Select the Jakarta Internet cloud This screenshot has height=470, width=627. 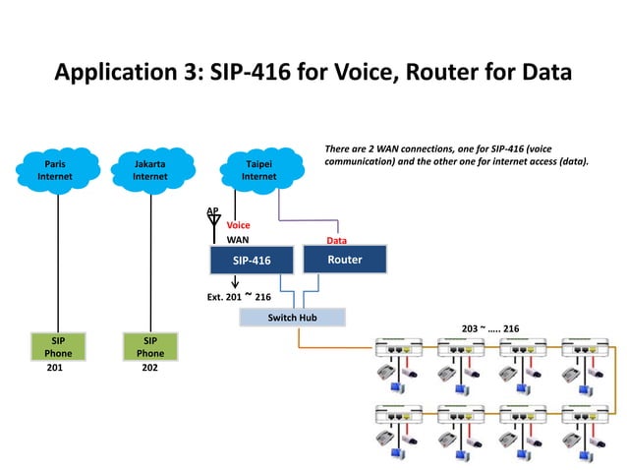point(149,170)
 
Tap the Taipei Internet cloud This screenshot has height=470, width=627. point(258,170)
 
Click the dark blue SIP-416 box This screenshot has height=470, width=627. point(253,260)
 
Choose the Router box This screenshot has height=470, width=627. point(344,259)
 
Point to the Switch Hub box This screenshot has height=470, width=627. point(292,318)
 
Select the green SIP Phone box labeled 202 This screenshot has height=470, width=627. point(150,346)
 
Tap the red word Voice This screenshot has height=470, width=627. point(239,225)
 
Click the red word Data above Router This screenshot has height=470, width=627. point(336,239)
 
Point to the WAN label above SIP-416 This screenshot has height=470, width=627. point(238,239)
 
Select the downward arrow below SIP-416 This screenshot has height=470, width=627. point(235,282)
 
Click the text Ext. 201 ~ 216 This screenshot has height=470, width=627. point(239,296)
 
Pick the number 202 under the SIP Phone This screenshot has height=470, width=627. point(149,375)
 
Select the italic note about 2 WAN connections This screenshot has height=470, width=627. point(457,154)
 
